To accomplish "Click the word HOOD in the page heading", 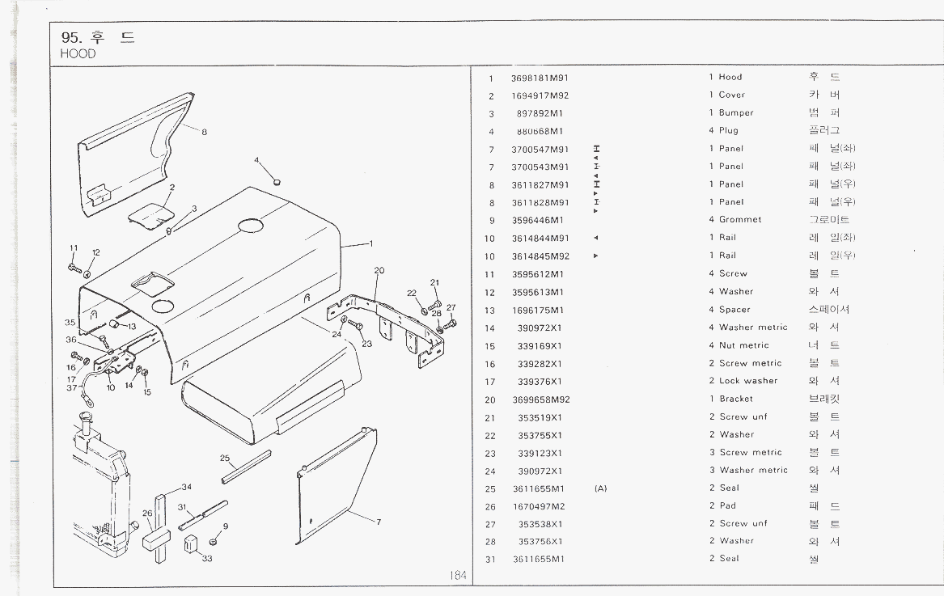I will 78,54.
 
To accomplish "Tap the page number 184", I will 459,576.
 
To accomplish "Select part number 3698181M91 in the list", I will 540,78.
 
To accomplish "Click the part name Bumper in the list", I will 736,113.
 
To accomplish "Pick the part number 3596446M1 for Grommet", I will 538,220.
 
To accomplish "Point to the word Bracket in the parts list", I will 735,399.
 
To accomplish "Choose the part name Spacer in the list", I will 734,310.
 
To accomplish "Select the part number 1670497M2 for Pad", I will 539,506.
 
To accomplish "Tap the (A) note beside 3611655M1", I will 600,488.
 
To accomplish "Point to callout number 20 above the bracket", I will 379,270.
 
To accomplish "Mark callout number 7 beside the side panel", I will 378,522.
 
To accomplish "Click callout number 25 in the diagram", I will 225,459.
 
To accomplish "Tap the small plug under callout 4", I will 277,181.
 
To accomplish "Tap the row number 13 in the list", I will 489,310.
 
